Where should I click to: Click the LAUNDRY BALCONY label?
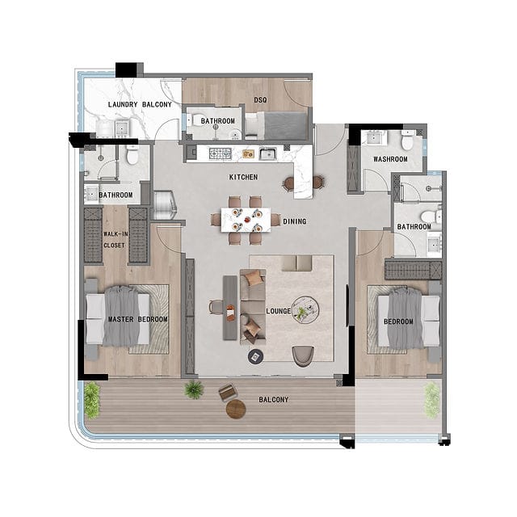(x=140, y=104)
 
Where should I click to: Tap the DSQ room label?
(x=260, y=99)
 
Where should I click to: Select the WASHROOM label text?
(x=390, y=159)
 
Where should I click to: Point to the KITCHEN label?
(x=243, y=178)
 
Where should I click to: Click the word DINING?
(x=295, y=221)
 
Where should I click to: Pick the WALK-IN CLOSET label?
(x=116, y=240)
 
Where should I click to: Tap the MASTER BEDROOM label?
(x=138, y=319)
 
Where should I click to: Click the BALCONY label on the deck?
(x=274, y=400)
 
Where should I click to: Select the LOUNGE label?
(x=279, y=311)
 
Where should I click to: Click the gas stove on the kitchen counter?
(x=221, y=153)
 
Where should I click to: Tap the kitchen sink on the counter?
(x=267, y=153)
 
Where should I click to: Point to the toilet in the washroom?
(x=407, y=140)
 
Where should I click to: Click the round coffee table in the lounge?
(x=305, y=310)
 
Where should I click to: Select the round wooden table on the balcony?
(x=236, y=409)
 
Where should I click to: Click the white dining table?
(x=246, y=220)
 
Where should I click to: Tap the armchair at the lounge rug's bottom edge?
(x=303, y=356)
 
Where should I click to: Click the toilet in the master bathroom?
(x=132, y=155)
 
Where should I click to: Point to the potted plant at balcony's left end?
(x=91, y=401)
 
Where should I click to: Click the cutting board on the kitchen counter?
(x=248, y=153)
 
